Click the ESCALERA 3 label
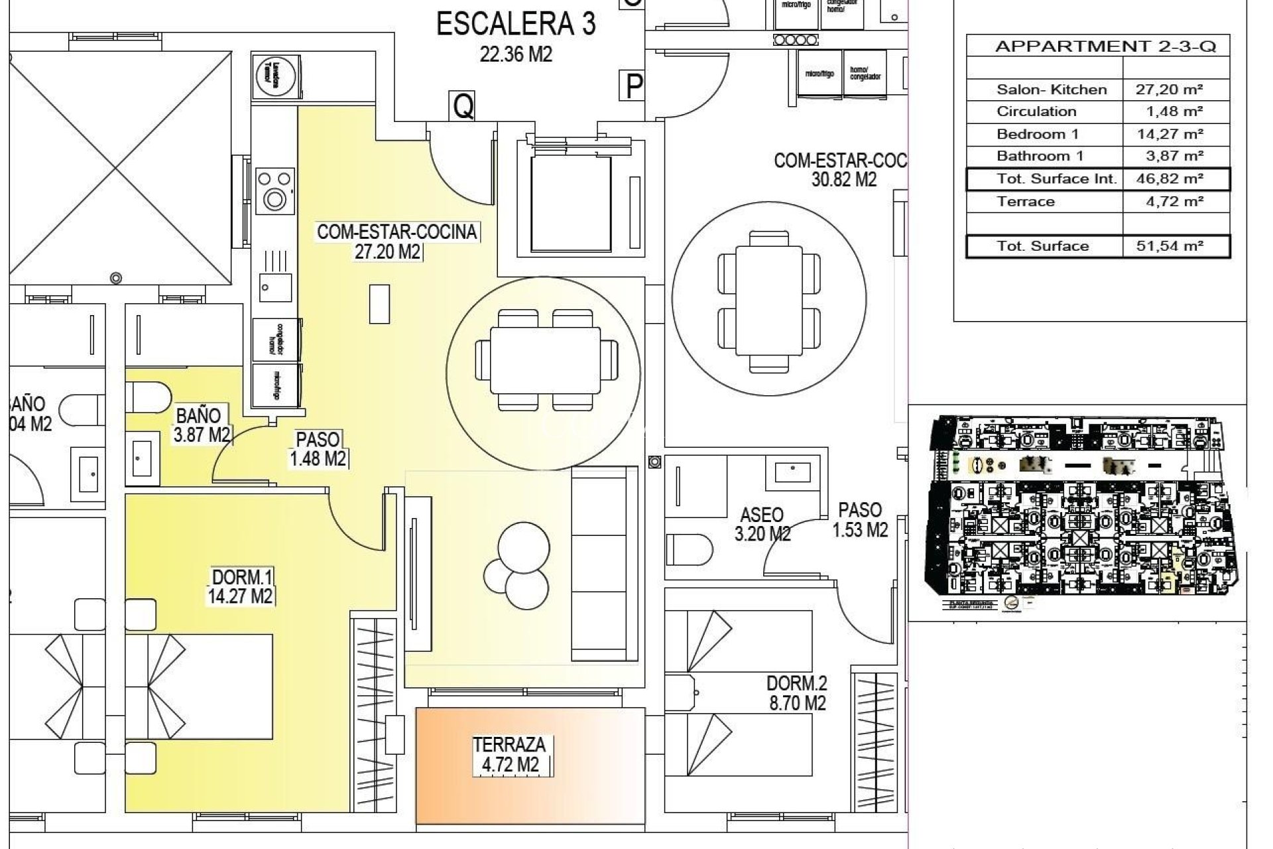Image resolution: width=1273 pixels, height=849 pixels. (516, 25)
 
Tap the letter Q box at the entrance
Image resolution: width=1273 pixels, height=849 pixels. (463, 106)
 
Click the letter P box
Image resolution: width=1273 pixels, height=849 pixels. (634, 86)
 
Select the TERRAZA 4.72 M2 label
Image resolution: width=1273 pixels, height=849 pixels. (510, 755)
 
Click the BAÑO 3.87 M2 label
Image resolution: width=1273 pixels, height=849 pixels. (201, 425)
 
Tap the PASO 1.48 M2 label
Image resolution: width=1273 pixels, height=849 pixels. (318, 449)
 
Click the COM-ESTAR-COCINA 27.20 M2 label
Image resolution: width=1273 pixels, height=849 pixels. (396, 241)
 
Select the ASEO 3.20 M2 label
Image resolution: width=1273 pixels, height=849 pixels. (762, 524)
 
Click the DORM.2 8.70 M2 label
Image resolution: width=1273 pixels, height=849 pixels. (796, 692)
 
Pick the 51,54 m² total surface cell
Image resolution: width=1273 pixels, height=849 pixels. (1174, 246)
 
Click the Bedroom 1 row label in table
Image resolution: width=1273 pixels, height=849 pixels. (1037, 134)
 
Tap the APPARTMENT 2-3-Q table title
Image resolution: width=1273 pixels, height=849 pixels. (1105, 46)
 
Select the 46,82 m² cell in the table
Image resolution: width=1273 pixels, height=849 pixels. (1174, 179)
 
